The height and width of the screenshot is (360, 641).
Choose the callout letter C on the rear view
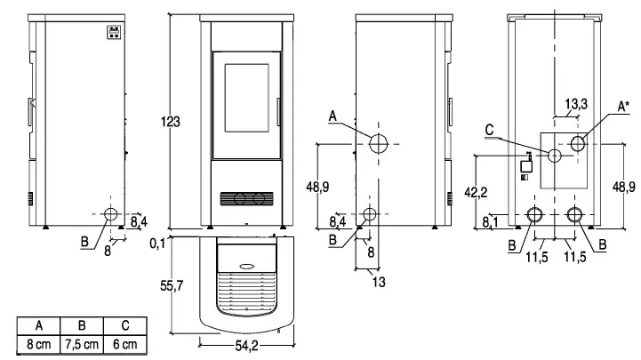pyautogui.click(x=490, y=131)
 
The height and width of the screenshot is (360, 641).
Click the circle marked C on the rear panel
pyautogui.click(x=555, y=156)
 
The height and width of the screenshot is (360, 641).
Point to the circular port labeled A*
pyautogui.click(x=577, y=143)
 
